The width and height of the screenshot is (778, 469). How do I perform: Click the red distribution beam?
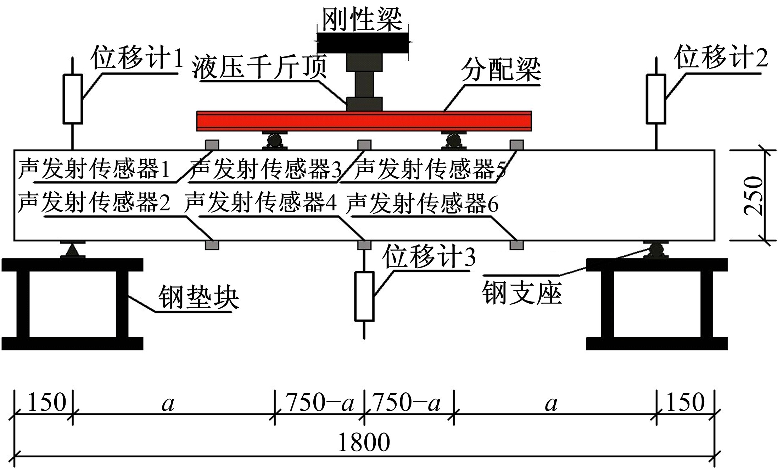click(364, 121)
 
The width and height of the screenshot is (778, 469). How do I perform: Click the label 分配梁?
click(500, 70)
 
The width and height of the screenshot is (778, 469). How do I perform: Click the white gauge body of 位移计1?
click(73, 99)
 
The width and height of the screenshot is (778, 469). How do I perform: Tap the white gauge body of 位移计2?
click(656, 99)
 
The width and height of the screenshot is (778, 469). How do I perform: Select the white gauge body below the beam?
click(364, 296)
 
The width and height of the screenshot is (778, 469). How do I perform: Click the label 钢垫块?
click(198, 297)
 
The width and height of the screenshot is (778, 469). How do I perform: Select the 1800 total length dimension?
click(364, 442)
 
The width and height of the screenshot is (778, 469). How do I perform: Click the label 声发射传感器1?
click(94, 169)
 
